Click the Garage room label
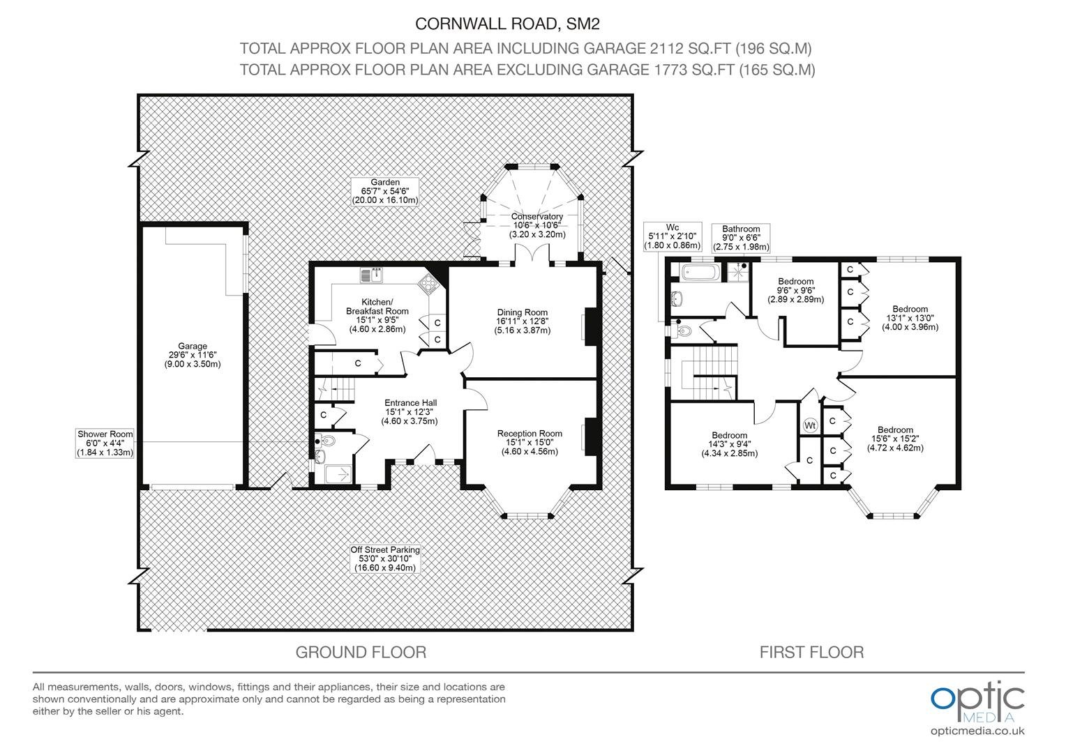coord(193,355)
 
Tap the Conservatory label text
coord(537,225)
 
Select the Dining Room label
coord(522,321)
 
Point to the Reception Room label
coord(530,442)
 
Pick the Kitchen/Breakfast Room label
coord(377,315)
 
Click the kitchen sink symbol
coord(372,275)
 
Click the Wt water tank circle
coord(810,425)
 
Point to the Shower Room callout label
coord(105,443)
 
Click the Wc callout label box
coord(673,236)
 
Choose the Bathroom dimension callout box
coord(741,238)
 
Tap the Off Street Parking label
coord(385,558)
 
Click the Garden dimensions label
coord(385,191)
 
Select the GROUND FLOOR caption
coord(361,652)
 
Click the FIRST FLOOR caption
coord(811,652)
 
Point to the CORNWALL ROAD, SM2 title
coord(507,24)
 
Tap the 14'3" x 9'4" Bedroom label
coord(730,444)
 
